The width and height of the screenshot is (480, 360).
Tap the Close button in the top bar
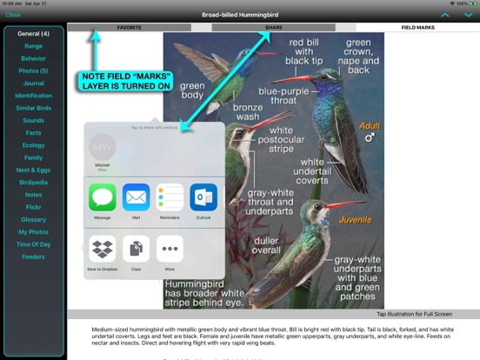(x=12, y=15)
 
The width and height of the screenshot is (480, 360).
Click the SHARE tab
(x=273, y=28)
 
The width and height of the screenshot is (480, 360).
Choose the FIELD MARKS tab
(x=418, y=28)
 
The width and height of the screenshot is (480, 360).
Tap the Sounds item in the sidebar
(x=34, y=120)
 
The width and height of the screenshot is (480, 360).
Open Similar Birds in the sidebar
(x=34, y=108)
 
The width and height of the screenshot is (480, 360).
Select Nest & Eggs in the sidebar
(x=34, y=170)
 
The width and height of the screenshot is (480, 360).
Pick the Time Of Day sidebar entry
(x=34, y=245)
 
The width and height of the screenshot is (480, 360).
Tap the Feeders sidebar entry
(x=34, y=257)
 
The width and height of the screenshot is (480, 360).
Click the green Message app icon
(x=103, y=197)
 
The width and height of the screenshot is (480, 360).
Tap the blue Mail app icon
(x=136, y=197)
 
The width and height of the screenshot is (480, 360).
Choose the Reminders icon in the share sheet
(x=170, y=197)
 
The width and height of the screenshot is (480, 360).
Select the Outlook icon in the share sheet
(x=203, y=197)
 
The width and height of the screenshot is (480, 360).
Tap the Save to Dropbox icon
(x=103, y=249)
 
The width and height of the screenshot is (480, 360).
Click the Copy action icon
(x=136, y=249)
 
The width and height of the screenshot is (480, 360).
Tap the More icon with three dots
(x=170, y=249)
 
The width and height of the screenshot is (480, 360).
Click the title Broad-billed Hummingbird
(x=240, y=15)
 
